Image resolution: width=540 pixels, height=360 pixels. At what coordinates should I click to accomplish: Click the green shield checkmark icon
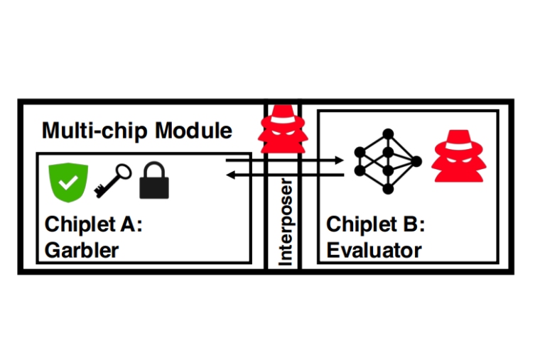point(68,180)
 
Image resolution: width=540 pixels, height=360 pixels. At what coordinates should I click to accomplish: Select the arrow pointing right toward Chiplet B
point(284,161)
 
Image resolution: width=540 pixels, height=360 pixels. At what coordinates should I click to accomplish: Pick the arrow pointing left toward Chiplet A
point(284,175)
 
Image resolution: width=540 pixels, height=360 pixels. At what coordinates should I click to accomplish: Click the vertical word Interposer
point(286,222)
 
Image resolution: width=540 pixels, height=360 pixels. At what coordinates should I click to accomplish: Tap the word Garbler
point(82,250)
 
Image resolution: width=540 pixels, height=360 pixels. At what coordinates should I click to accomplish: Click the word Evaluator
point(374,250)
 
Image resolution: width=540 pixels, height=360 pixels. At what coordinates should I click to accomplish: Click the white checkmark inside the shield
point(68,182)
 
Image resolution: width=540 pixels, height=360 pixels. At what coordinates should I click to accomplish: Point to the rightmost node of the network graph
point(416,161)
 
